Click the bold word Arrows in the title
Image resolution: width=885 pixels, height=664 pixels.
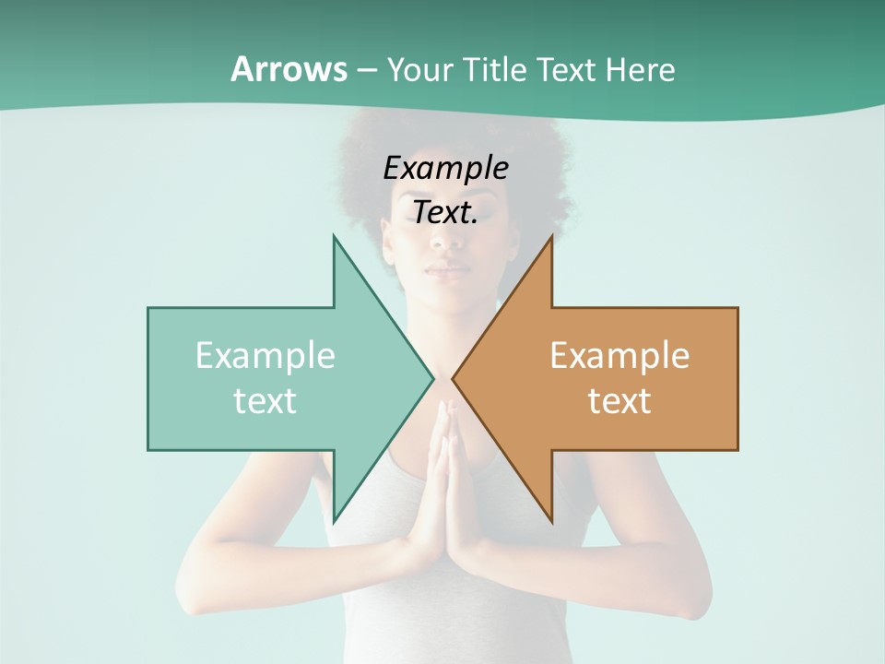tap(289, 69)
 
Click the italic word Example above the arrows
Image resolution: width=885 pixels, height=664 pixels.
tap(445, 168)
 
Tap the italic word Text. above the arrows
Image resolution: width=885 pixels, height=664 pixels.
tap(445, 212)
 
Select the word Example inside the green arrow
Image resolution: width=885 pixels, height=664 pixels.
tap(265, 356)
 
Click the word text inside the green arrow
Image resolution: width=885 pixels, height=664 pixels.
tap(265, 401)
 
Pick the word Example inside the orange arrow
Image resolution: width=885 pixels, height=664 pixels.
tap(619, 356)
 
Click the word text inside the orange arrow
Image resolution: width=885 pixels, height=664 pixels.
tap(619, 401)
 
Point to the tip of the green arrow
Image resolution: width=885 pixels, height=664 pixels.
tap(433, 378)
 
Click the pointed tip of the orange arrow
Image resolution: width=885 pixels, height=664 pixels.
tap(453, 378)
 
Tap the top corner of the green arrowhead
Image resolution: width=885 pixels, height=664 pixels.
tap(334, 236)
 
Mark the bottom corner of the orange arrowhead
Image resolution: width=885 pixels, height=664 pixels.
tap(551, 522)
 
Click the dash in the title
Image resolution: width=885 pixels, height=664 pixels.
tap(366, 70)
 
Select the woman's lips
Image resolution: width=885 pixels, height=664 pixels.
tap(447, 271)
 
